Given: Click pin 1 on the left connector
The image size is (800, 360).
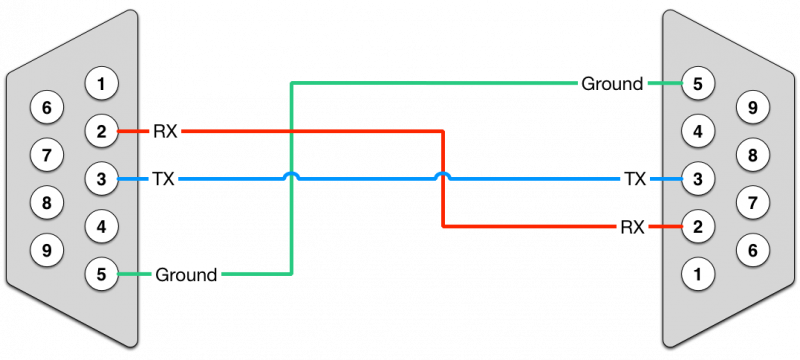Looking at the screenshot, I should tap(100, 83).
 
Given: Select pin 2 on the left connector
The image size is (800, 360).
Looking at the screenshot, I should tap(100, 130).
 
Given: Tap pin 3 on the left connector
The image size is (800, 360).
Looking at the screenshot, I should tap(100, 179).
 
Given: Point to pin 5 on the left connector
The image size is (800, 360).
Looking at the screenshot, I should tap(100, 273).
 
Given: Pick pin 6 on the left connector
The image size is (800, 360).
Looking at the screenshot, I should tap(46, 106).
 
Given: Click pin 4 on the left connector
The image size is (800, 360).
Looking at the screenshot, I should tap(100, 226).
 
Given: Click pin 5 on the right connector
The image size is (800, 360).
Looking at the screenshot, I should tap(698, 83).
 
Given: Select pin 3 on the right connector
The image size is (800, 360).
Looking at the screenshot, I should tap(698, 179).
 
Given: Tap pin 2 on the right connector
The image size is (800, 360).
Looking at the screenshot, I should tap(698, 226).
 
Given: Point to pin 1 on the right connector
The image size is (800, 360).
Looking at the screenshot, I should tap(698, 273).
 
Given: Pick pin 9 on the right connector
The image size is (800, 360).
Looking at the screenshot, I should tap(752, 106).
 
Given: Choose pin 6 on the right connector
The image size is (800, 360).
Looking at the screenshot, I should tap(752, 249).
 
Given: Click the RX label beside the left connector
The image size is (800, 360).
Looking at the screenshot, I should tap(164, 130).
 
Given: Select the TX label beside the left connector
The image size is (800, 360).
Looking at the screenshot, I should tap(164, 180).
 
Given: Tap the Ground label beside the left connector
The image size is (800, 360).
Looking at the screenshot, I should tap(186, 274).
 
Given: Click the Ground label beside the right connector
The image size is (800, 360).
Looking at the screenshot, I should tap(612, 84).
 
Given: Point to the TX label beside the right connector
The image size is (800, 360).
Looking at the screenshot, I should tap(634, 180).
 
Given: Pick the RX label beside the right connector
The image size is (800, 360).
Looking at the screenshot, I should tap(632, 227).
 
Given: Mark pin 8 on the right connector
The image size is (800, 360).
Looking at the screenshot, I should tap(752, 154).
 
